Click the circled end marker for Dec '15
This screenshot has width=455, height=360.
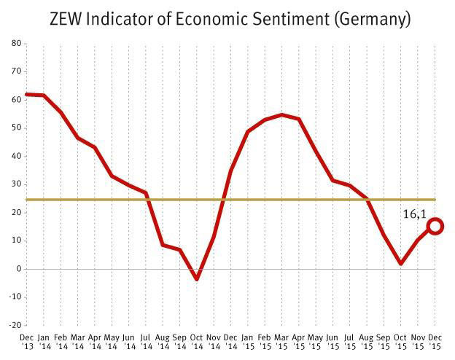tap(435, 226)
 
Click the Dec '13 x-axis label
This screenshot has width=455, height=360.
tap(27, 341)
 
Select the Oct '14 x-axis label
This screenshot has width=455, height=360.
tap(197, 341)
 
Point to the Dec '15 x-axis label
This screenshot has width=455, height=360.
tap(435, 341)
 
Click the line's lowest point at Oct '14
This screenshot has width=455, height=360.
tap(197, 279)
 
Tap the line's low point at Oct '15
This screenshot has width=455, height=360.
tap(401, 264)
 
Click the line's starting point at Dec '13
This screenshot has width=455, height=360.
tap(27, 94)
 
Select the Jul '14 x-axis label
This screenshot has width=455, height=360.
tap(146, 341)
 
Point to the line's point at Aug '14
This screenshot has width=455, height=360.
tap(163, 245)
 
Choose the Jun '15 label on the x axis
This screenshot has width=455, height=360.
tap(333, 341)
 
